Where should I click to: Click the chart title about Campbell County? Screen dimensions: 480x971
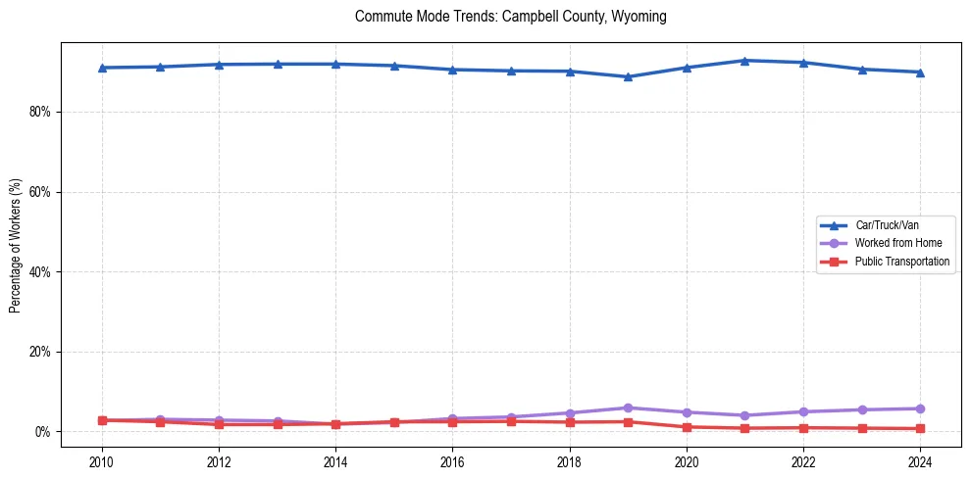(511, 17)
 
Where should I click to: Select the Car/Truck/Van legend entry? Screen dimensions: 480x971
(887, 225)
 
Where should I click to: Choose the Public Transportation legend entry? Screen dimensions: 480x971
(901, 262)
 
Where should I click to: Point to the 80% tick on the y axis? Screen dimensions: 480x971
(39, 112)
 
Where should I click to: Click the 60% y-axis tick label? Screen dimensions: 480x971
(39, 192)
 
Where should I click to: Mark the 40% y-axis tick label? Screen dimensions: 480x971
(39, 271)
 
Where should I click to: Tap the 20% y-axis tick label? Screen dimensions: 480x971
(39, 352)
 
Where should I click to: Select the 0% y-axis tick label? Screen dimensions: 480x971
(42, 432)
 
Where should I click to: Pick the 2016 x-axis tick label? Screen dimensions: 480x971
(452, 460)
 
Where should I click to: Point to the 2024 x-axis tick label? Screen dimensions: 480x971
(920, 460)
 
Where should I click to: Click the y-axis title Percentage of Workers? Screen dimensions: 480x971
(16, 246)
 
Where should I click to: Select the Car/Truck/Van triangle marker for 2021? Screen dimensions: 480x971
(745, 61)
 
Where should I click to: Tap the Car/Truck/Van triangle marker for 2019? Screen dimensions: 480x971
(628, 76)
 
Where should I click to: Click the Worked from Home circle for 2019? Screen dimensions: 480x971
(628, 408)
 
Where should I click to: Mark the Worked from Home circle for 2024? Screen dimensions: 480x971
(920, 408)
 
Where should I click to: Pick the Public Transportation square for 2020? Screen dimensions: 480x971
(687, 427)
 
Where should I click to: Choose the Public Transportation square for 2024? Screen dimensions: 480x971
(920, 428)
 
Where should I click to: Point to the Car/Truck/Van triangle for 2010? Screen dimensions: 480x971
(102, 68)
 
